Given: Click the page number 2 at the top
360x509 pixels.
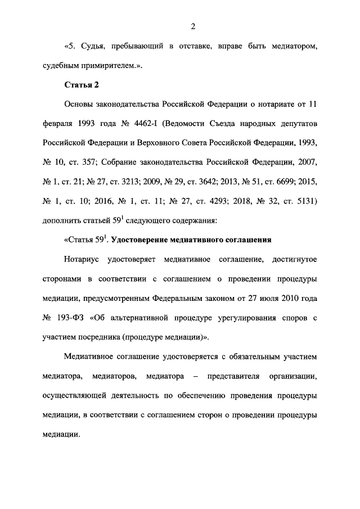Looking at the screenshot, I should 192,25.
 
